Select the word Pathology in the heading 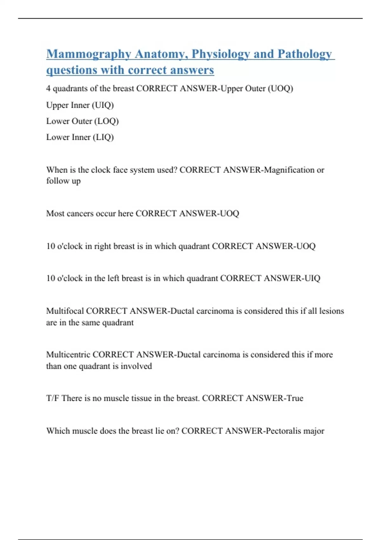[304, 54]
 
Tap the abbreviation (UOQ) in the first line [280, 88]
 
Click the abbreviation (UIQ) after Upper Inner [103, 105]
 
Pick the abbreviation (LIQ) [103, 137]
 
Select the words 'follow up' [63, 181]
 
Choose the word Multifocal [65, 311]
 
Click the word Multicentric [68, 354]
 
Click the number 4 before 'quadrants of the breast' [48, 88]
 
